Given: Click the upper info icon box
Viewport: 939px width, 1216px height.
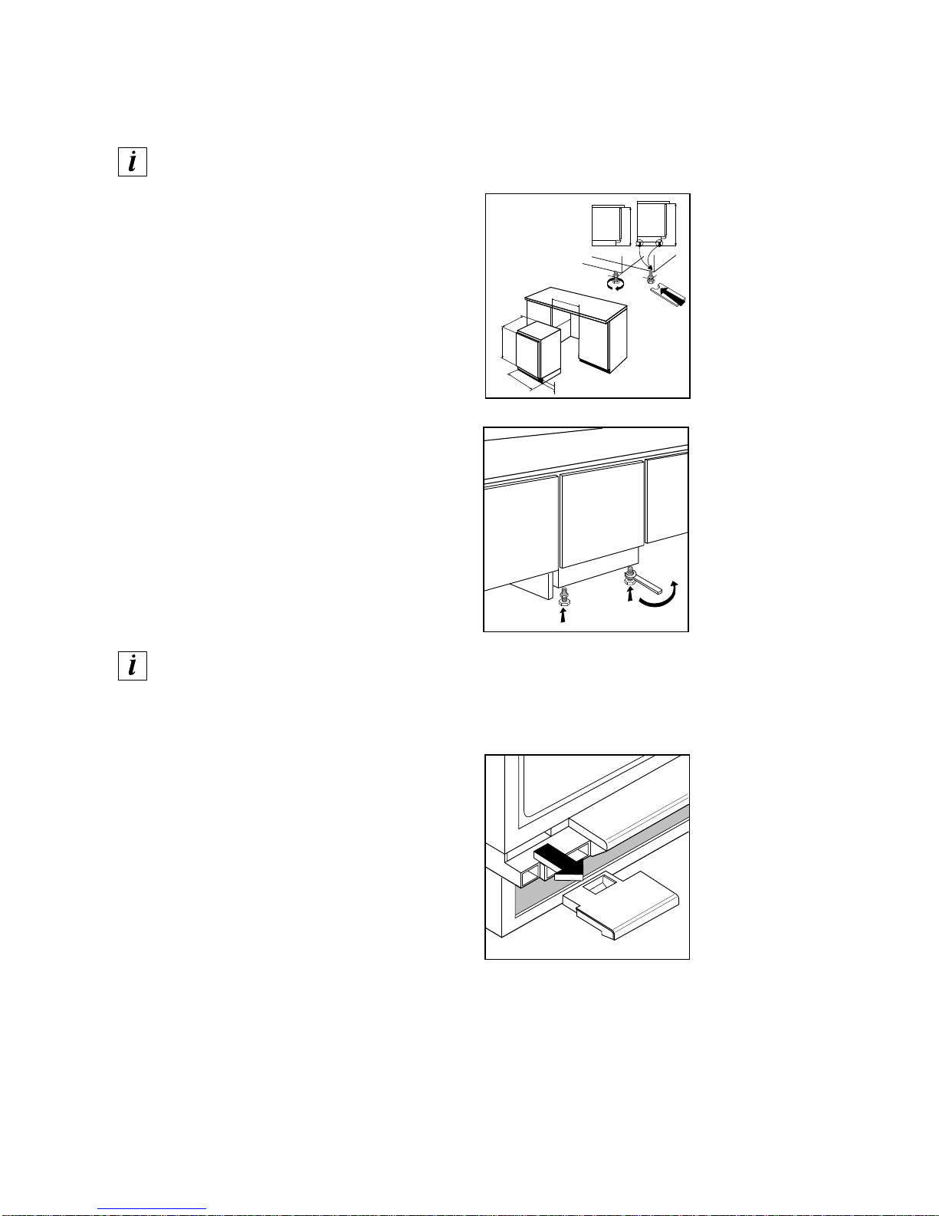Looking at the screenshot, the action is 133,162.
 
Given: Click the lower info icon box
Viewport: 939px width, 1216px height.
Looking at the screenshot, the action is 133,666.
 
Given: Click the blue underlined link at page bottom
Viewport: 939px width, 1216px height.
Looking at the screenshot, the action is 152,1209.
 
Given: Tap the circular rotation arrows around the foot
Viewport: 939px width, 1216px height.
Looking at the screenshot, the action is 616,285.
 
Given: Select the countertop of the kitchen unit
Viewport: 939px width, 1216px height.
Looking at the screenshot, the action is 576,305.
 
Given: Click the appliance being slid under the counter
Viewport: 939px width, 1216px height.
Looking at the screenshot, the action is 146,354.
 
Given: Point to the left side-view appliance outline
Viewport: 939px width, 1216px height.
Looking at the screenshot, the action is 610,226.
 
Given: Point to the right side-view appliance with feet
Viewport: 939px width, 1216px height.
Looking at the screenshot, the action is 656,224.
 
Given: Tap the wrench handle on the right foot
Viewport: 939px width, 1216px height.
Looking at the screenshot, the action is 649,586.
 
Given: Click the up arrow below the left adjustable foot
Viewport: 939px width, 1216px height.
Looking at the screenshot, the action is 563,615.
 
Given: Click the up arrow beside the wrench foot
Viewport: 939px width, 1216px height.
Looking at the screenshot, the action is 630,595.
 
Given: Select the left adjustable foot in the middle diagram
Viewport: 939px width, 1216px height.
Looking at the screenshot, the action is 564,597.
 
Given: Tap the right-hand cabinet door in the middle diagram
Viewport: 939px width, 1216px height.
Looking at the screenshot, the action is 667,497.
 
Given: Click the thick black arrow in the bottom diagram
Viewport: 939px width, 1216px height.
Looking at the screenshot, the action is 560,862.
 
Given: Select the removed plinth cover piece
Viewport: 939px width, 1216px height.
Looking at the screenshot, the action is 622,905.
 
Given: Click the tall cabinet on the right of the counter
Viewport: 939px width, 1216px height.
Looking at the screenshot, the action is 603,342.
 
